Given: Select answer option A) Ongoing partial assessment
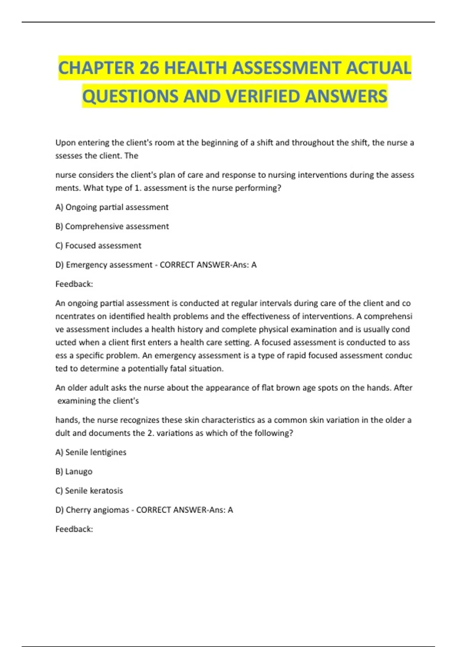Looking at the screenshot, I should (112, 207).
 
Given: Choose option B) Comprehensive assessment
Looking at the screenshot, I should (112, 226).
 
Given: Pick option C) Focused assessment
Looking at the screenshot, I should (98, 245).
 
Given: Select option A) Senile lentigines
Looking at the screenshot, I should (91, 452).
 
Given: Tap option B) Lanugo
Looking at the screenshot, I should (74, 472).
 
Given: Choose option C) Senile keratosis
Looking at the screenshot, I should (89, 491).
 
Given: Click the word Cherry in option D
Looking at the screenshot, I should (78, 510).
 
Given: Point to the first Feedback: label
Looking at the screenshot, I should (74, 284).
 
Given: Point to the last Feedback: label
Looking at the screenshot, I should (74, 529).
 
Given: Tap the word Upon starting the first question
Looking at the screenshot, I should (66, 143).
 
